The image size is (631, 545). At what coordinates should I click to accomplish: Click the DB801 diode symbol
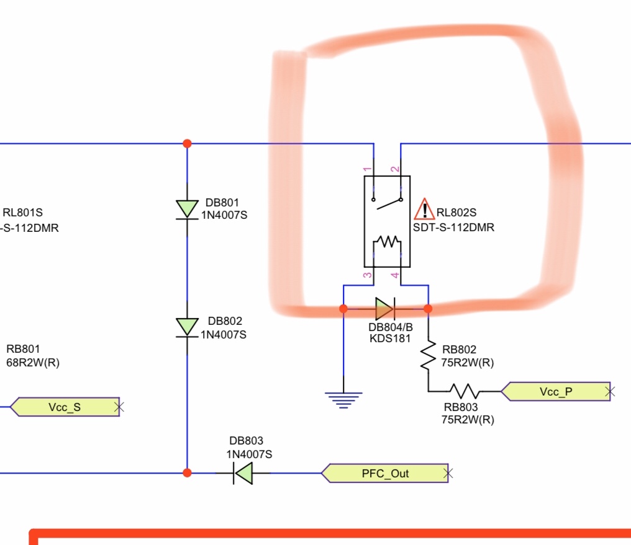click(x=187, y=210)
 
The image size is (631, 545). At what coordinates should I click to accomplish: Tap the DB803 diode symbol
click(x=243, y=473)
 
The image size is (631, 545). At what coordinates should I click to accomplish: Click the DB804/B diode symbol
click(x=385, y=309)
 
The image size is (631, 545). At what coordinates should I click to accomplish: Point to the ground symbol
click(x=343, y=400)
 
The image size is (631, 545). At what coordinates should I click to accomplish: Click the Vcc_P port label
click(x=556, y=392)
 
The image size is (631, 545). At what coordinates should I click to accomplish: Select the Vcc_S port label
click(x=65, y=407)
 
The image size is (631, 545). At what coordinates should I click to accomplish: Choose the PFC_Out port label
click(x=384, y=473)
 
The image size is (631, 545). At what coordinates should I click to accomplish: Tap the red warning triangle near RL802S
click(x=424, y=209)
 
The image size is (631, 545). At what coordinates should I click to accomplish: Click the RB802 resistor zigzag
click(x=428, y=355)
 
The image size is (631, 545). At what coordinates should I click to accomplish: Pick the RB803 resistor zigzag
click(x=465, y=391)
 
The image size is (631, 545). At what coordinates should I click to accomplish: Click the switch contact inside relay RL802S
click(x=387, y=202)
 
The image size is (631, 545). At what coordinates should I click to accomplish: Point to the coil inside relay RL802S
click(x=387, y=241)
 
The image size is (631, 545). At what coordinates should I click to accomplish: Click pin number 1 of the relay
click(x=367, y=169)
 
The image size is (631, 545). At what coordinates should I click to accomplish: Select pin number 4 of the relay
click(x=395, y=275)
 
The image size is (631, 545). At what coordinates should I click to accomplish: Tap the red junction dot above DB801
click(x=187, y=143)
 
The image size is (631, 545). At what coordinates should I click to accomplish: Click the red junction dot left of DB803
click(x=187, y=472)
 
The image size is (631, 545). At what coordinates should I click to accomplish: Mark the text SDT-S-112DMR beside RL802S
click(x=453, y=228)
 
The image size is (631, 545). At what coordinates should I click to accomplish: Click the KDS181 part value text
click(x=390, y=338)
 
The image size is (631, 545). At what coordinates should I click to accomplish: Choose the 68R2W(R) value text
click(x=33, y=362)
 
